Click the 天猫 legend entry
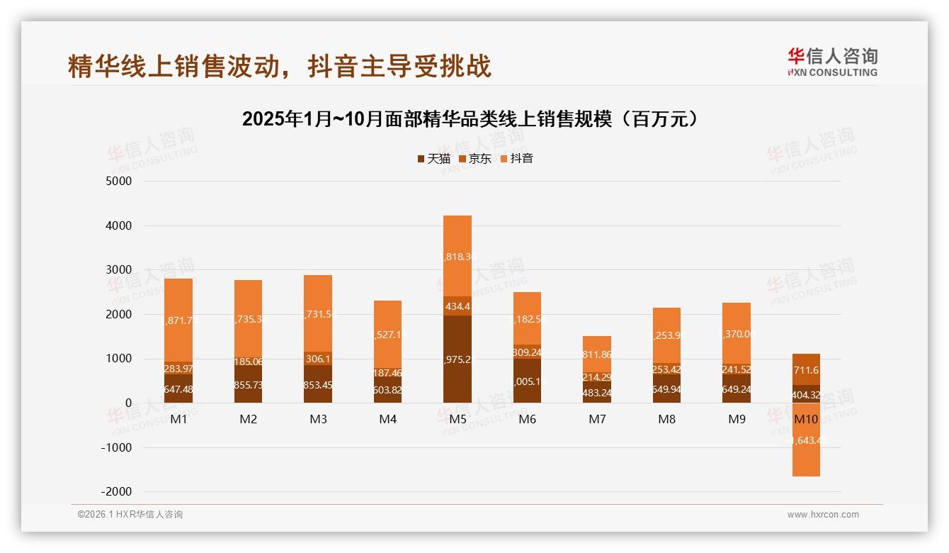click(x=433, y=159)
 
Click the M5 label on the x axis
click(x=458, y=419)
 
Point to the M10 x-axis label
click(x=806, y=419)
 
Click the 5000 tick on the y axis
click(x=119, y=181)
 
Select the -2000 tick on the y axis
click(x=117, y=492)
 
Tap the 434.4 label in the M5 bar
click(x=458, y=306)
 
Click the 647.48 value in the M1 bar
click(x=178, y=389)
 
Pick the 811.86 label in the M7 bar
click(x=597, y=354)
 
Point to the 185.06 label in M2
click(x=248, y=362)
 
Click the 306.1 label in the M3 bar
click(x=318, y=359)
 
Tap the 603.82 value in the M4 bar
click(x=387, y=389)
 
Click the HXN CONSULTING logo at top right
click(x=832, y=62)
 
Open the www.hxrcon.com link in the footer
click(x=823, y=515)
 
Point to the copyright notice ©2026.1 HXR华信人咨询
click(x=130, y=515)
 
